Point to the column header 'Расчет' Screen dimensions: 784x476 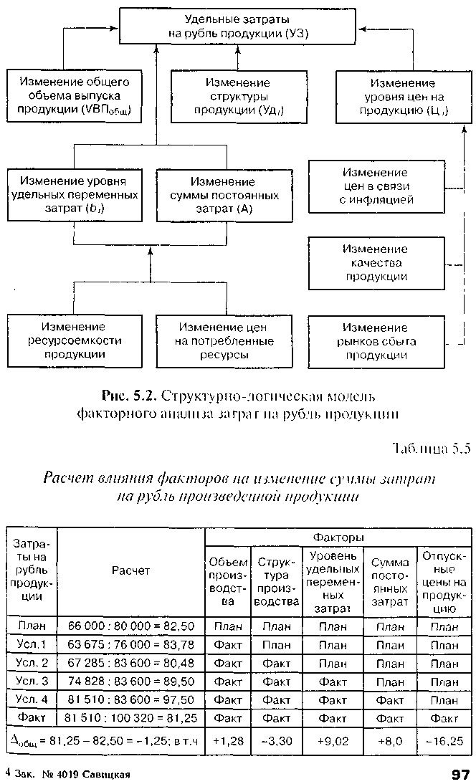pyautogui.click(x=131, y=570)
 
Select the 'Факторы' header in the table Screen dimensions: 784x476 pyautogui.click(x=338, y=537)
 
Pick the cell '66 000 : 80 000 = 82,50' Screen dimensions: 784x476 pyautogui.click(x=131, y=626)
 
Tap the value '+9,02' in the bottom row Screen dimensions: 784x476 pyautogui.click(x=332, y=740)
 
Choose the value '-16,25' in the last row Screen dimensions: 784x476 pyautogui.click(x=444, y=740)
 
